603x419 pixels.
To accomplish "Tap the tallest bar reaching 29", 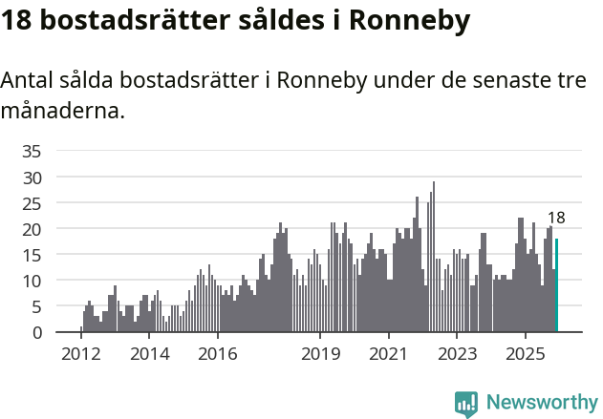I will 433,258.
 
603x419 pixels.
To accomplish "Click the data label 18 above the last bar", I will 555,218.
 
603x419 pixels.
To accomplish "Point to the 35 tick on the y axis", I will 32,151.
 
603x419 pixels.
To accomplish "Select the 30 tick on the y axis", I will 32,178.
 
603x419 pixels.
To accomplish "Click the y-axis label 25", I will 32,203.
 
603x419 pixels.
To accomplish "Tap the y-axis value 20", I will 32,229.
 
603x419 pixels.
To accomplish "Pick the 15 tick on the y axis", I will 32,255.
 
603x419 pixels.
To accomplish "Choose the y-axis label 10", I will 32,281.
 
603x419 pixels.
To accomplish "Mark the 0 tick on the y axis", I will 36,332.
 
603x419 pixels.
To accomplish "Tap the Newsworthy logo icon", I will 466,404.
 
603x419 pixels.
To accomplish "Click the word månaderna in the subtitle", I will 63,112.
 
